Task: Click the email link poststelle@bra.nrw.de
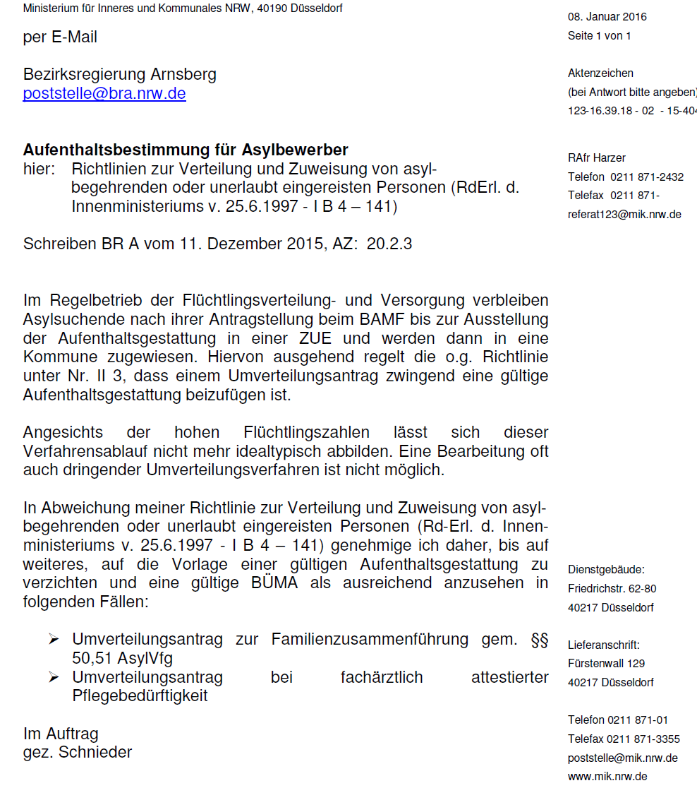104,94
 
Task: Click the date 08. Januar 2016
607,16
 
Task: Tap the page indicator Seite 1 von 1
599,35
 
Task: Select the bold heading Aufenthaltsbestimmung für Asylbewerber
186,150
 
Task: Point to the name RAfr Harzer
596,157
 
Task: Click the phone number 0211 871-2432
647,177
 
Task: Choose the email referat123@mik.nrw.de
624,215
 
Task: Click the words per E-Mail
60,37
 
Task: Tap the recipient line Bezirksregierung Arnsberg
120,74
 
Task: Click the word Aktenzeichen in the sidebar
600,73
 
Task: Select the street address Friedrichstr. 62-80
612,588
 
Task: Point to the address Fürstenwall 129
606,663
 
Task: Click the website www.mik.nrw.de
607,776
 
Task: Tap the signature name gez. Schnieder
78,752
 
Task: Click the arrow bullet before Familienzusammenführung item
53,640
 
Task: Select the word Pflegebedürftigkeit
140,696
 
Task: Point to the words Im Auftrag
61,734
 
